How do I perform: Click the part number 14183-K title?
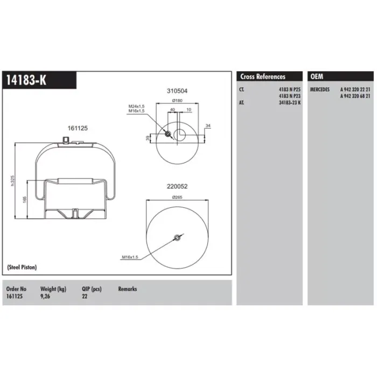click(x=26, y=80)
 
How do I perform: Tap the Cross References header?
click(x=263, y=76)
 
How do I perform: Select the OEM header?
click(x=317, y=76)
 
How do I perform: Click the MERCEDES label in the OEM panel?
click(x=319, y=89)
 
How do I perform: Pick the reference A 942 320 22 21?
click(x=355, y=89)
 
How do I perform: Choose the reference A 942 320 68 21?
click(x=355, y=96)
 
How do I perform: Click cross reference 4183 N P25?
click(x=290, y=89)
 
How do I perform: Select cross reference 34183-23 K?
click(x=290, y=103)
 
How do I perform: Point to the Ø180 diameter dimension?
click(x=177, y=101)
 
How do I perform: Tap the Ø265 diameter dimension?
click(x=177, y=197)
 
